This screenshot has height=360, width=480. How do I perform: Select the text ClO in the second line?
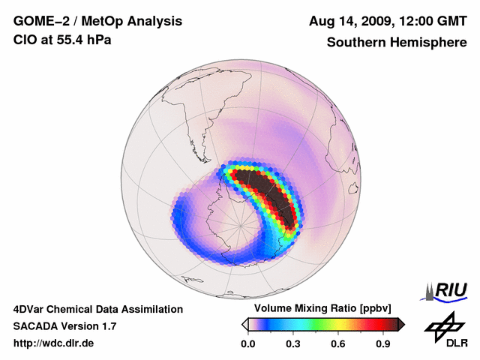25,40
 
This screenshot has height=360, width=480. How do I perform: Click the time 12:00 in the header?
417,22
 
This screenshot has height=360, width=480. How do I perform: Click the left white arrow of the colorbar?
244,324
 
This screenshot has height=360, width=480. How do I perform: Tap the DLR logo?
445,330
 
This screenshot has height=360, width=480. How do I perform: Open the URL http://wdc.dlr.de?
54,343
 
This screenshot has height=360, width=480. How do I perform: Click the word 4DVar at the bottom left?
31,309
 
